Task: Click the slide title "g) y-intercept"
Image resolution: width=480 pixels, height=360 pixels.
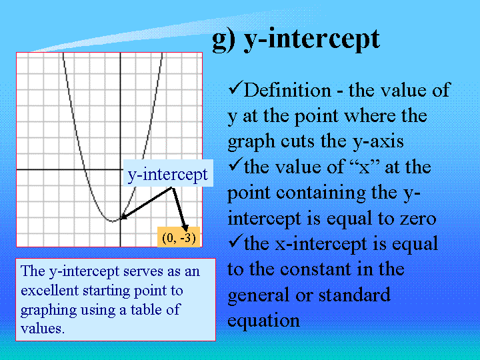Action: tap(296, 39)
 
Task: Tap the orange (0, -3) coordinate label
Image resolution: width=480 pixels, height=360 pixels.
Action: tap(179, 237)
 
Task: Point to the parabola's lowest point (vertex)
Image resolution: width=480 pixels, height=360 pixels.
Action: tap(113, 221)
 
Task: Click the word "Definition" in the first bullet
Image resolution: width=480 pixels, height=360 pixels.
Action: tap(287, 91)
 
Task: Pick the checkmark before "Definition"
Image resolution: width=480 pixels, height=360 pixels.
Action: tap(236, 87)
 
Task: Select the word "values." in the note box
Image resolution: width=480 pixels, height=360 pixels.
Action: tap(43, 329)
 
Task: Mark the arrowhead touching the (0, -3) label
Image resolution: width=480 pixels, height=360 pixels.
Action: tap(185, 228)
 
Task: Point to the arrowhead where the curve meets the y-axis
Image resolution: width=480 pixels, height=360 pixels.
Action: tap(123, 216)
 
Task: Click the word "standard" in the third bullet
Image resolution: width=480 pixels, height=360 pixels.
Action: tap(355, 295)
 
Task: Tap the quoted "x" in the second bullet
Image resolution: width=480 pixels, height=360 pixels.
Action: tap(364, 167)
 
